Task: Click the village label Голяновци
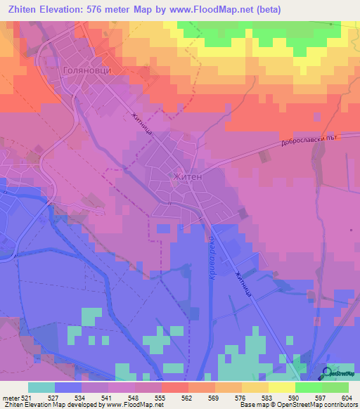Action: [x=88, y=70]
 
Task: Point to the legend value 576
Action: [x=241, y=398]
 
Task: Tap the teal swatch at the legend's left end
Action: [x=41, y=387]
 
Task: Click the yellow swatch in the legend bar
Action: [x=281, y=387]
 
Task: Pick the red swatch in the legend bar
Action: [x=174, y=387]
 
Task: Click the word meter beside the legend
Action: [x=10, y=398]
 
